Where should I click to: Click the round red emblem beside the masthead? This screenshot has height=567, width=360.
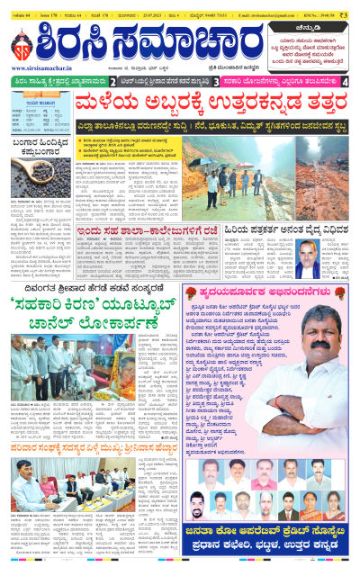tap(22, 44)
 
